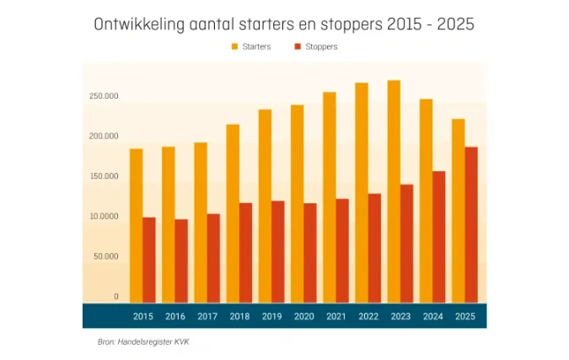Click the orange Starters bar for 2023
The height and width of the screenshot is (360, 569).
click(x=394, y=191)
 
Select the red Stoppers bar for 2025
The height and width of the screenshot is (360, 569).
click(x=471, y=224)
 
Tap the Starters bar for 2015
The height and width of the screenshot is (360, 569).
click(x=136, y=225)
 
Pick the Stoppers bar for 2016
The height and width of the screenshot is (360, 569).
click(x=181, y=261)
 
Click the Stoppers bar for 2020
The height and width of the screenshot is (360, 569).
click(x=310, y=252)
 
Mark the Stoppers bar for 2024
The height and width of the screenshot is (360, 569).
click(x=439, y=237)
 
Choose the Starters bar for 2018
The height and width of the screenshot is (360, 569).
click(x=233, y=213)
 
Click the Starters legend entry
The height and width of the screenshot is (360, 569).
click(x=251, y=46)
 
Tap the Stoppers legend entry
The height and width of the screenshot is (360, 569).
click(x=316, y=46)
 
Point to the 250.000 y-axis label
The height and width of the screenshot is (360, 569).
click(x=104, y=96)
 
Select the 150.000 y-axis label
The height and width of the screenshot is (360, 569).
click(x=104, y=176)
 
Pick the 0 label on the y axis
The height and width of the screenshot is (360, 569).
click(x=116, y=297)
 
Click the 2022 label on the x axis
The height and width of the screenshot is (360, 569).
click(x=368, y=316)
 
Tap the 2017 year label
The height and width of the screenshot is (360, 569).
click(x=207, y=316)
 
